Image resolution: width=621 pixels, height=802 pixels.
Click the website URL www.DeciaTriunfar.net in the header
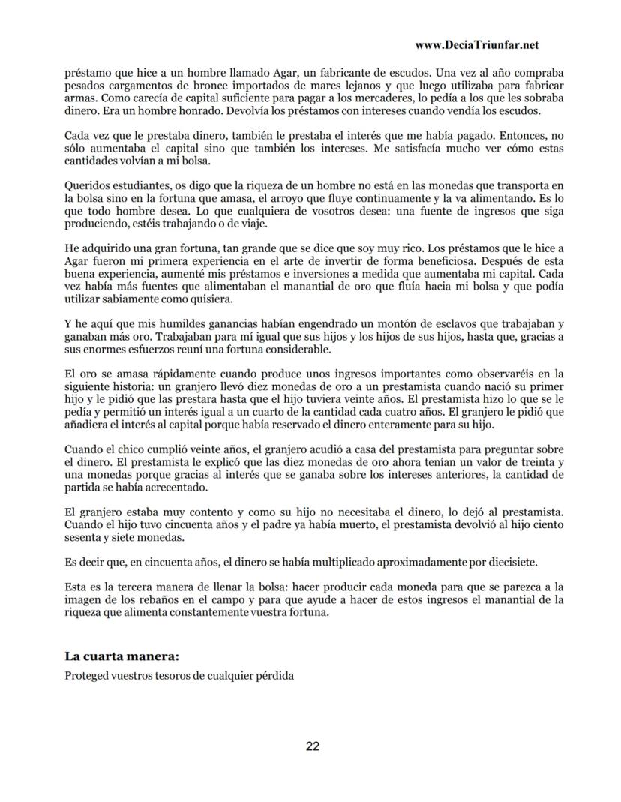click(476, 45)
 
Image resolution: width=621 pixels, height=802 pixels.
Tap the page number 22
click(313, 746)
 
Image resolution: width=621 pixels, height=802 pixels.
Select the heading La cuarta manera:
click(122, 656)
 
